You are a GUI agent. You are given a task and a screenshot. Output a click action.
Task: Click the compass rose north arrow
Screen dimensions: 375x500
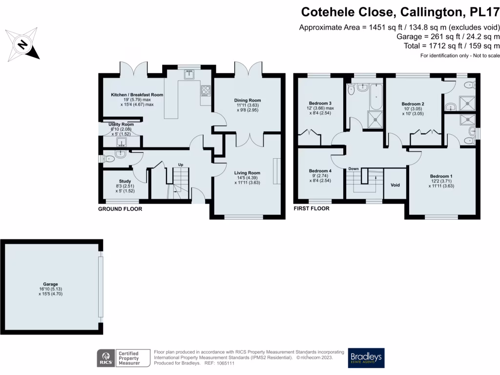pyautogui.click(x=22, y=45)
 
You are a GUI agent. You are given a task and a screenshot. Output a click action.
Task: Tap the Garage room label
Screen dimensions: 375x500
pyautogui.click(x=50, y=284)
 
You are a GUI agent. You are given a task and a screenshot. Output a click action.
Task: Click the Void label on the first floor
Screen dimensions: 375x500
pyautogui.click(x=396, y=186)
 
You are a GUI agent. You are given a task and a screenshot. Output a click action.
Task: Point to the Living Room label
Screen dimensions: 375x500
pyautogui.click(x=247, y=173)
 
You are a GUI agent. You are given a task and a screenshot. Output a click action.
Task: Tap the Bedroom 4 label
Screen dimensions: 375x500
pyautogui.click(x=320, y=171)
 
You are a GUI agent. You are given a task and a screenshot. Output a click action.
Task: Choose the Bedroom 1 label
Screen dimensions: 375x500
pyautogui.click(x=441, y=176)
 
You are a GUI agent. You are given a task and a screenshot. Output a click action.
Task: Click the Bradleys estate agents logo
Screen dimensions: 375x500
pyautogui.click(x=366, y=358)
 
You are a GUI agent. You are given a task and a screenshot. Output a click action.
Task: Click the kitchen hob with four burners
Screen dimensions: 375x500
pyautogui.click(x=206, y=90)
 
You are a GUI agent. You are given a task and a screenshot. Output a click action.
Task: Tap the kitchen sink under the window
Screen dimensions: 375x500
pyautogui.click(x=189, y=75)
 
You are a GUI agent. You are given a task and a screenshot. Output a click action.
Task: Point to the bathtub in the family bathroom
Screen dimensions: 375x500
pyautogui.click(x=377, y=97)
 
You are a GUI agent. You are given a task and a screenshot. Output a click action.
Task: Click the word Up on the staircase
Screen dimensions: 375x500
pyautogui.click(x=181, y=165)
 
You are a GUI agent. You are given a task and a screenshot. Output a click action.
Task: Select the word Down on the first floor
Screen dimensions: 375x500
pyautogui.click(x=354, y=169)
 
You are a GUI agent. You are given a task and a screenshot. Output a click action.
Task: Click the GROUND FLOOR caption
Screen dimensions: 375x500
pyautogui.click(x=120, y=209)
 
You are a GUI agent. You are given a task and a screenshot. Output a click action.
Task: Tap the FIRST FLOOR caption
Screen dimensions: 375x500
pyautogui.click(x=312, y=208)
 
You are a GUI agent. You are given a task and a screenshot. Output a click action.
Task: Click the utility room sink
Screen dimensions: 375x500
pyautogui.click(x=121, y=142)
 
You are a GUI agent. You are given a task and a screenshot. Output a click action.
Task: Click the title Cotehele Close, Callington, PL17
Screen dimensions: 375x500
pyautogui.click(x=400, y=12)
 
